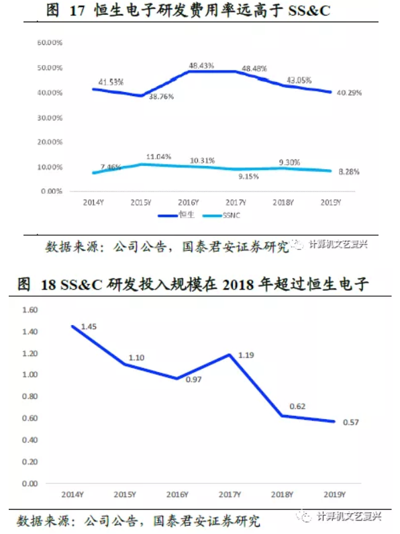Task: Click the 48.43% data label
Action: pyautogui.click(x=201, y=65)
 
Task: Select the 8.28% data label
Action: pyautogui.click(x=348, y=172)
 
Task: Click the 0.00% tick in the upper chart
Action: pyautogui.click(x=51, y=191)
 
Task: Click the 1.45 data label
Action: pyautogui.click(x=89, y=326)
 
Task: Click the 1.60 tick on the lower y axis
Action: pyautogui.click(x=31, y=310)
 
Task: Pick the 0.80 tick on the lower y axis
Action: pyautogui.click(x=31, y=396)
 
